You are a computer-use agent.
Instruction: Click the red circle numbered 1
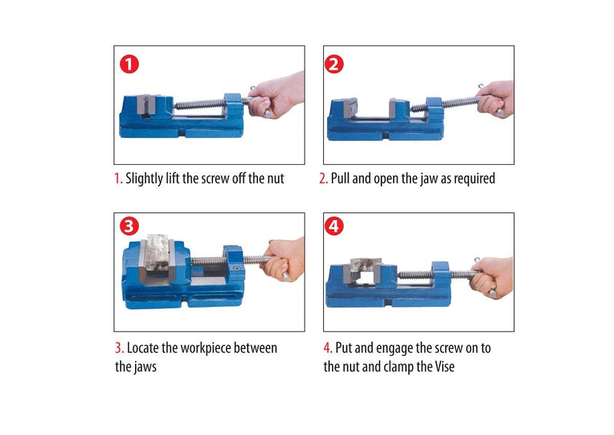(x=129, y=64)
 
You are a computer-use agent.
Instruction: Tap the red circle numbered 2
(x=334, y=64)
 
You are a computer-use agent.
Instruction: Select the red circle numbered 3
(x=129, y=226)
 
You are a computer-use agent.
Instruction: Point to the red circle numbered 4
(x=335, y=226)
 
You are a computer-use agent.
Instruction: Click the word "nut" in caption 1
(x=274, y=179)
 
